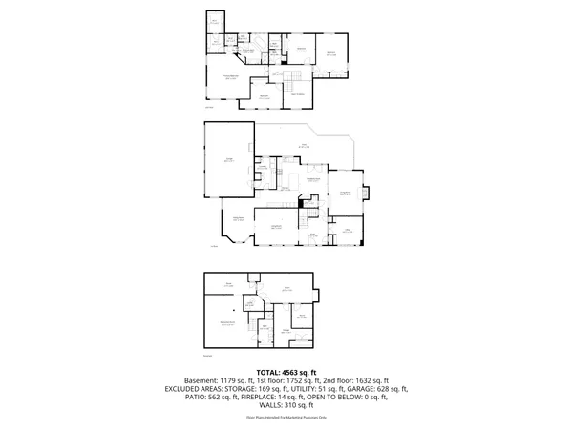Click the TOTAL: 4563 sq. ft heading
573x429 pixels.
point(286,372)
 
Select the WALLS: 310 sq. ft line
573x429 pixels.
point(286,404)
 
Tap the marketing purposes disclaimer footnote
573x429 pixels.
point(286,418)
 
